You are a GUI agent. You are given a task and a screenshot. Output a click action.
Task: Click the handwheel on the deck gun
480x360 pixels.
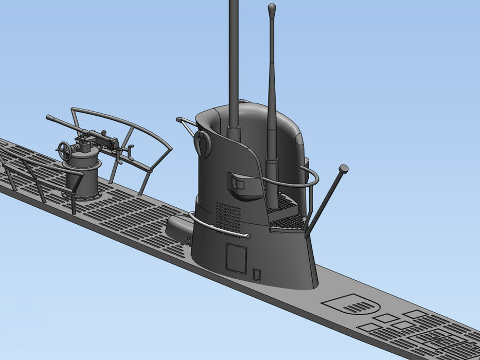(x=65, y=151)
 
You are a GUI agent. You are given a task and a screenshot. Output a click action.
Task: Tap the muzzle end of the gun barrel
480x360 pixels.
(x=48, y=118)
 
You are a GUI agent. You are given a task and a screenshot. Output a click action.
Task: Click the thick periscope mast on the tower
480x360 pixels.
(x=234, y=62)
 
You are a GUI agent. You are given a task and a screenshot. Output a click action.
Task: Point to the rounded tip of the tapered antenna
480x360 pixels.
(x=272, y=7)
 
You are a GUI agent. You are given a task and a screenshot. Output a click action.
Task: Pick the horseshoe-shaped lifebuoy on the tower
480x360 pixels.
(x=202, y=143)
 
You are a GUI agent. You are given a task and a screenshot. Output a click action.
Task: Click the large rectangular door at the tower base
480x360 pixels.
(x=236, y=258)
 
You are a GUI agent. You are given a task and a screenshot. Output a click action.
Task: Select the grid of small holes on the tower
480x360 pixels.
(x=227, y=215)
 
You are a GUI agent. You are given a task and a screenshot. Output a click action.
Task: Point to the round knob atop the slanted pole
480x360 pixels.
(x=343, y=169)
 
